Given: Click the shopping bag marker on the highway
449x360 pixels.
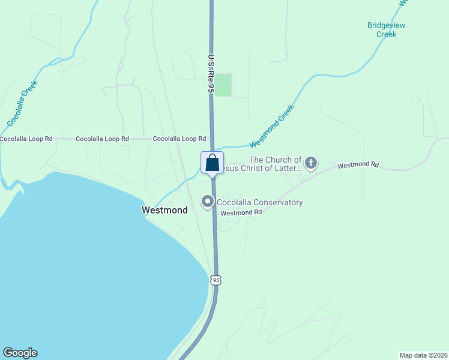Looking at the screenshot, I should (212, 163).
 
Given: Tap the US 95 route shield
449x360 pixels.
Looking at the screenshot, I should (216, 280).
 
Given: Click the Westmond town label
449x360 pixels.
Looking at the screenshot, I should (164, 210).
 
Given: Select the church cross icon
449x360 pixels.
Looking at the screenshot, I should (311, 162).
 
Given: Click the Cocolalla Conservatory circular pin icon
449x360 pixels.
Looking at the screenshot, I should (208, 202).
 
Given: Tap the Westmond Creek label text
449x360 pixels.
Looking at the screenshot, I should (272, 127).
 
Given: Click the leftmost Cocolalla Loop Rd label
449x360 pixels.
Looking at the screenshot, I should (26, 139).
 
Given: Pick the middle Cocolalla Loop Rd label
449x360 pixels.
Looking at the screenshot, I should (102, 139).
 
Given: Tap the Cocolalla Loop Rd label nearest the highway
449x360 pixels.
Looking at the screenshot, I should (179, 139).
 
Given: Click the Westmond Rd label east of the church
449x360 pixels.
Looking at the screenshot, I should (358, 164).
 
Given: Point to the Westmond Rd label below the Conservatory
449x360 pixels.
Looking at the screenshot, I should (241, 212).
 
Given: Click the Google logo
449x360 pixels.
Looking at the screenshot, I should (20, 353).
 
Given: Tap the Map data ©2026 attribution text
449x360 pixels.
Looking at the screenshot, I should (423, 355).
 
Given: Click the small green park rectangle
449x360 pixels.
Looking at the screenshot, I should (223, 85).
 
